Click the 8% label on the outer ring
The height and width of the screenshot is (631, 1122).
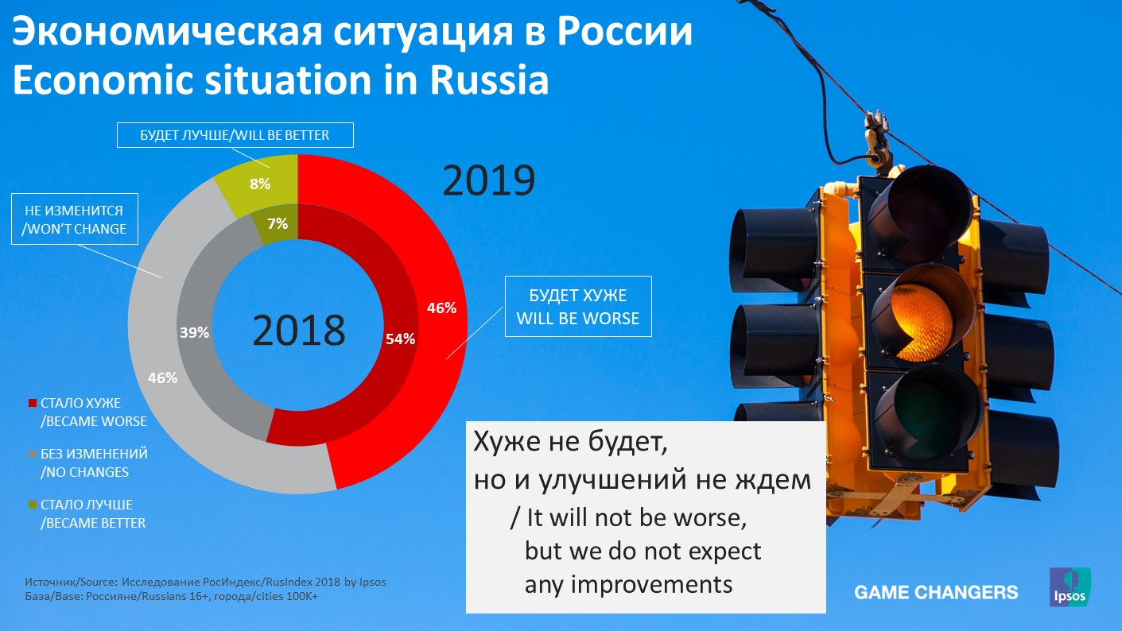click(260, 184)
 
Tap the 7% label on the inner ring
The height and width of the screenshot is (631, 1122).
click(278, 223)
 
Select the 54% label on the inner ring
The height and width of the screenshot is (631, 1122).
click(400, 339)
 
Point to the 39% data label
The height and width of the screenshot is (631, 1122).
click(194, 333)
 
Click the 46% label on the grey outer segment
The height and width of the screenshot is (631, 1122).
click(162, 377)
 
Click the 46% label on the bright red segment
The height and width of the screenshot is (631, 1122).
click(441, 308)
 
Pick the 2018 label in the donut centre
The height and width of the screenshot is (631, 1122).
click(299, 330)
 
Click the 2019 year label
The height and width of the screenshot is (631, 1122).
click(488, 180)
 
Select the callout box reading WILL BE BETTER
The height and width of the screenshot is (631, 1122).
click(235, 135)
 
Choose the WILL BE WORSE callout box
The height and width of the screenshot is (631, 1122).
click(578, 307)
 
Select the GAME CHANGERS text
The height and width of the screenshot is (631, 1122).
click(936, 592)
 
